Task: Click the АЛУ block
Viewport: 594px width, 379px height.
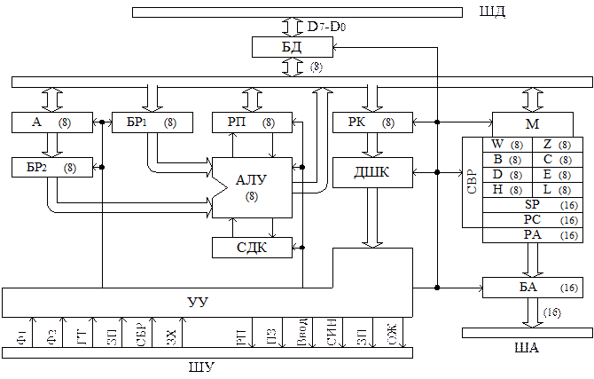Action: point(253,188)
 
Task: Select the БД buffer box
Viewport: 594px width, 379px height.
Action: point(293,47)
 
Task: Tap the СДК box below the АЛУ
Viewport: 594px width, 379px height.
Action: point(253,248)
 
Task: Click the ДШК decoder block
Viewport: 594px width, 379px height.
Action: point(372,172)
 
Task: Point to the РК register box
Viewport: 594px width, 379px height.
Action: point(372,122)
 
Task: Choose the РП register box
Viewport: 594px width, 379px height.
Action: point(253,122)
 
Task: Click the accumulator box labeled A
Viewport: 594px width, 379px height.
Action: point(52,122)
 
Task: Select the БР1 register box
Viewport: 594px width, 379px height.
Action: point(152,122)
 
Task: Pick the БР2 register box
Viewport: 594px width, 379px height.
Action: point(52,167)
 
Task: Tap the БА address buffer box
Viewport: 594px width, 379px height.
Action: point(533,288)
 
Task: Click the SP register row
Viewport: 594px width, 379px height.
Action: point(533,205)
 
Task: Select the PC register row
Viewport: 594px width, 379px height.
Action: point(533,220)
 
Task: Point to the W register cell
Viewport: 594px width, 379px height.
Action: point(508,145)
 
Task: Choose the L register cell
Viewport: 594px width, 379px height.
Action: point(558,190)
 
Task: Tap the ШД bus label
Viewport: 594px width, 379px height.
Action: point(492,12)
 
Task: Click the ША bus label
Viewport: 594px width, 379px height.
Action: point(527,348)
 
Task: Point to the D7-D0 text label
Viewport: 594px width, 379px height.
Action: point(326,27)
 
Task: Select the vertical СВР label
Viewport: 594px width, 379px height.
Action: point(472,182)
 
